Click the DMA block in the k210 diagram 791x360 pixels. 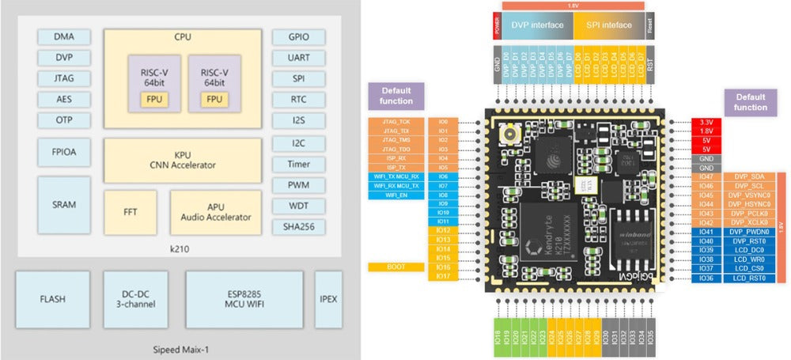click(64, 36)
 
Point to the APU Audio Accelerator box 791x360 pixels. click(215, 211)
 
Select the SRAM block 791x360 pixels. click(64, 204)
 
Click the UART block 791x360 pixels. click(298, 58)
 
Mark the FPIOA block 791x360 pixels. click(64, 151)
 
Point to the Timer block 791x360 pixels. click(298, 164)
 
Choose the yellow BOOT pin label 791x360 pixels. click(397, 267)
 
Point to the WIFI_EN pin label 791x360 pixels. click(397, 194)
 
